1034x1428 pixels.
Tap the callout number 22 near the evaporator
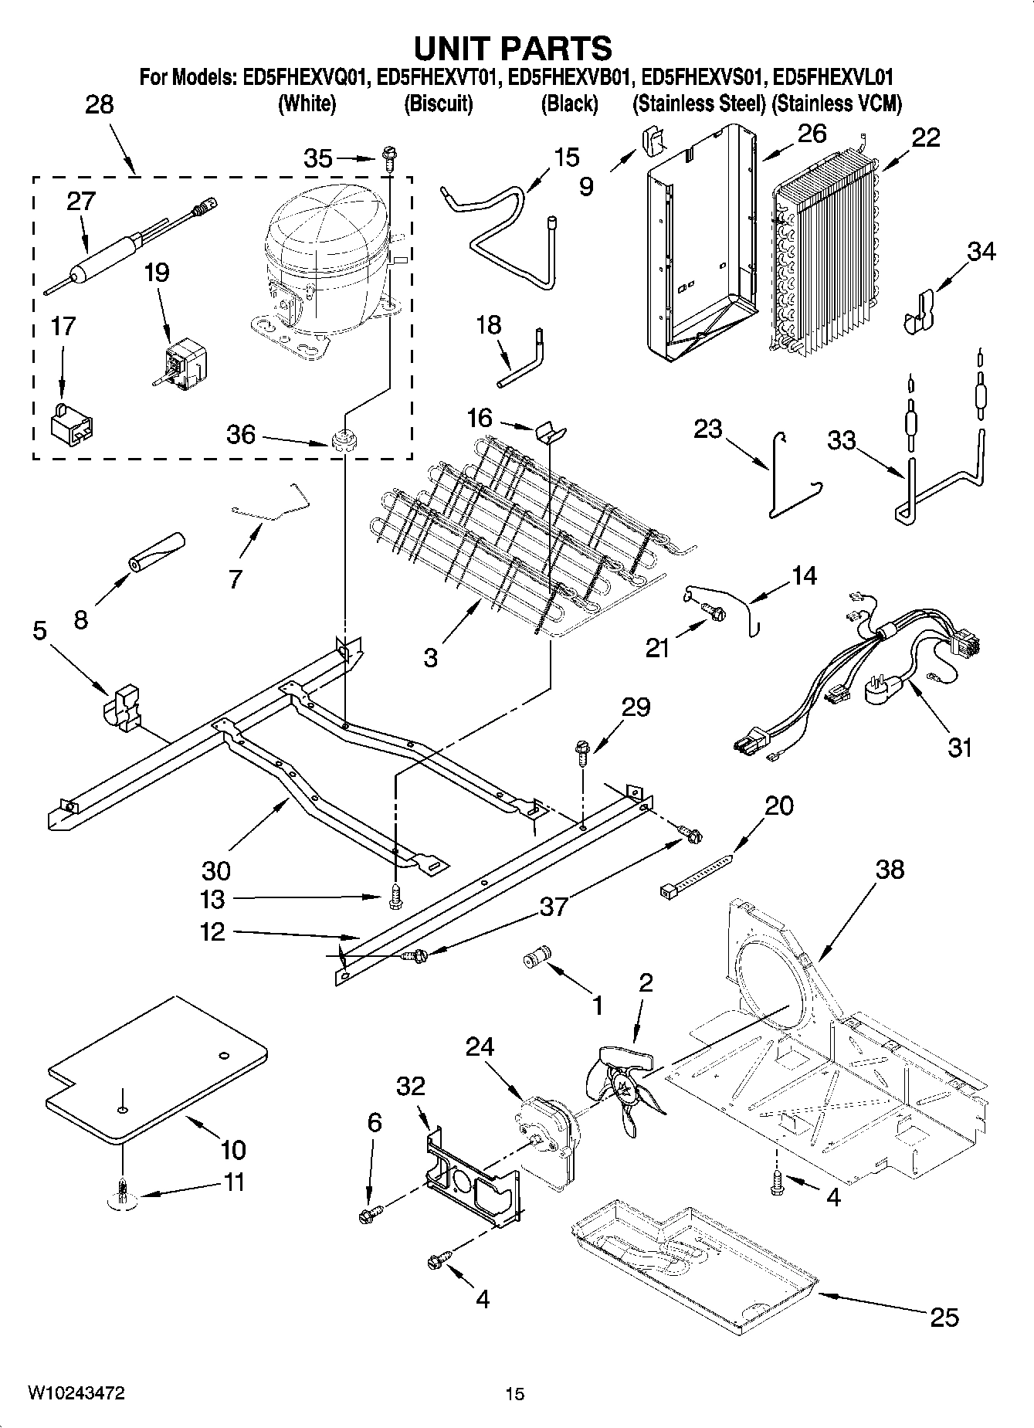925,137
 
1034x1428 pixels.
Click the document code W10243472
76,1392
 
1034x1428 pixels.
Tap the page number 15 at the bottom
514,1393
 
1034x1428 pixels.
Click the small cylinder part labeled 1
534,957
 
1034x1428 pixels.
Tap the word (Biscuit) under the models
438,103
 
